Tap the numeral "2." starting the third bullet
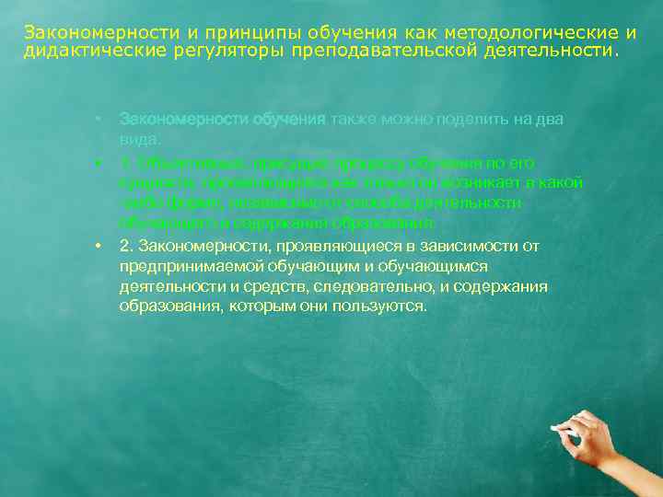(x=126, y=246)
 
